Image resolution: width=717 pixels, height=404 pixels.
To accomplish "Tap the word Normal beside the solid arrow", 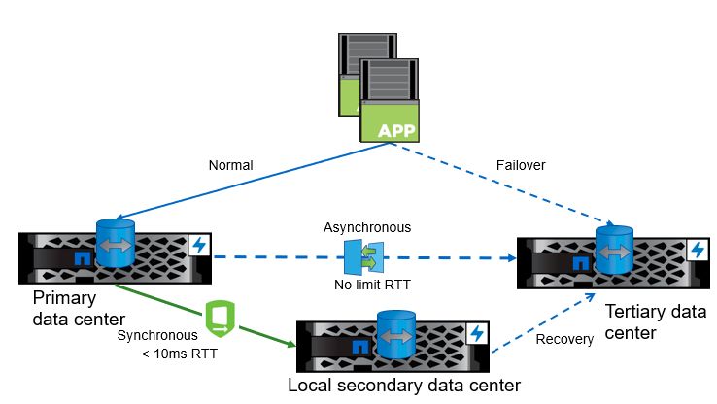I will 230,166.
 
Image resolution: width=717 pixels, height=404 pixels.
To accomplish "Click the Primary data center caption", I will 78,307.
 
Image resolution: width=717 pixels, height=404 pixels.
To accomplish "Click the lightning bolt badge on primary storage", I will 199,245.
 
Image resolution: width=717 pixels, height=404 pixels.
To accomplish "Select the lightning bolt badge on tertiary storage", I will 697,250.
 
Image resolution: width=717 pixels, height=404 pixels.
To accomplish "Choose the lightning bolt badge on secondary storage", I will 475,333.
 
